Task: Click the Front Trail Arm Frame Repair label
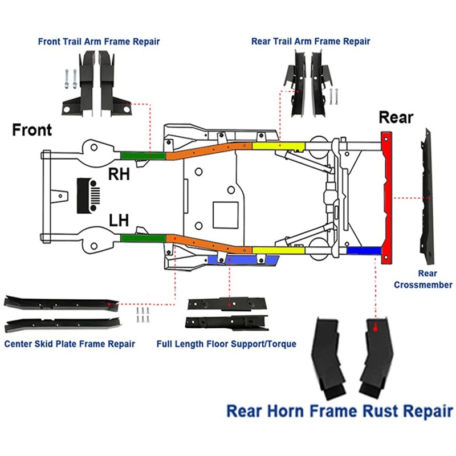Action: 99,42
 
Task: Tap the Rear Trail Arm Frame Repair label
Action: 310,42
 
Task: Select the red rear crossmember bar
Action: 386,197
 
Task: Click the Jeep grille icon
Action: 88,196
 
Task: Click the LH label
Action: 119,219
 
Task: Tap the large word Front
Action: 32,130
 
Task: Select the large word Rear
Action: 396,118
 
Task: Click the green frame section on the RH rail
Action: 142,154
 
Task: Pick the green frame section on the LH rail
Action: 142,237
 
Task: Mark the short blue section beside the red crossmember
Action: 363,251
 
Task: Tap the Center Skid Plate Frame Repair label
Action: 70,344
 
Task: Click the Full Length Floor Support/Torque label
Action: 226,344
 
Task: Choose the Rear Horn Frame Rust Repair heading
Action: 339,410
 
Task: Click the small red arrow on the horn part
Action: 375,328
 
